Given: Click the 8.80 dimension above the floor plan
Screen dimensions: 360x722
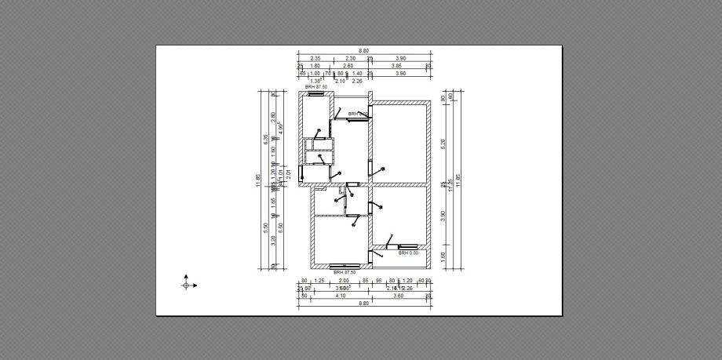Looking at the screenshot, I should [364, 51].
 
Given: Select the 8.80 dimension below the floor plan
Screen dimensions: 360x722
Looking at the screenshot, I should [364, 303].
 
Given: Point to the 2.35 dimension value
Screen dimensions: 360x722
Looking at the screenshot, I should [315, 59].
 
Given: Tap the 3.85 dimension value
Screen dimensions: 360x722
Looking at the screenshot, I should [397, 66].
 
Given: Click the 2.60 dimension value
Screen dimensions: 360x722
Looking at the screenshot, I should [348, 66].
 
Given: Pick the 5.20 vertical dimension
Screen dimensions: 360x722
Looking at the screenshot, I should [444, 144].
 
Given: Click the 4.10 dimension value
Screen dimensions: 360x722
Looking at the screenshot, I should [340, 295].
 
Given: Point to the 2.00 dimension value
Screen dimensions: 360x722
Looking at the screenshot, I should [343, 280].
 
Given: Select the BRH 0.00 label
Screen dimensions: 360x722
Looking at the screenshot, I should [408, 253].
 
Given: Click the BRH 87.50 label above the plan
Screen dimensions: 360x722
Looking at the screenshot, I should [315, 87].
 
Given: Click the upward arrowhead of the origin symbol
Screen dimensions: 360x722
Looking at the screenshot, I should [186, 276].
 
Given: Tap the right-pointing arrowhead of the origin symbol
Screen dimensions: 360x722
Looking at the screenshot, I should [195, 285].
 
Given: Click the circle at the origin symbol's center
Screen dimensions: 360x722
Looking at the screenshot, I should [186, 285].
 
